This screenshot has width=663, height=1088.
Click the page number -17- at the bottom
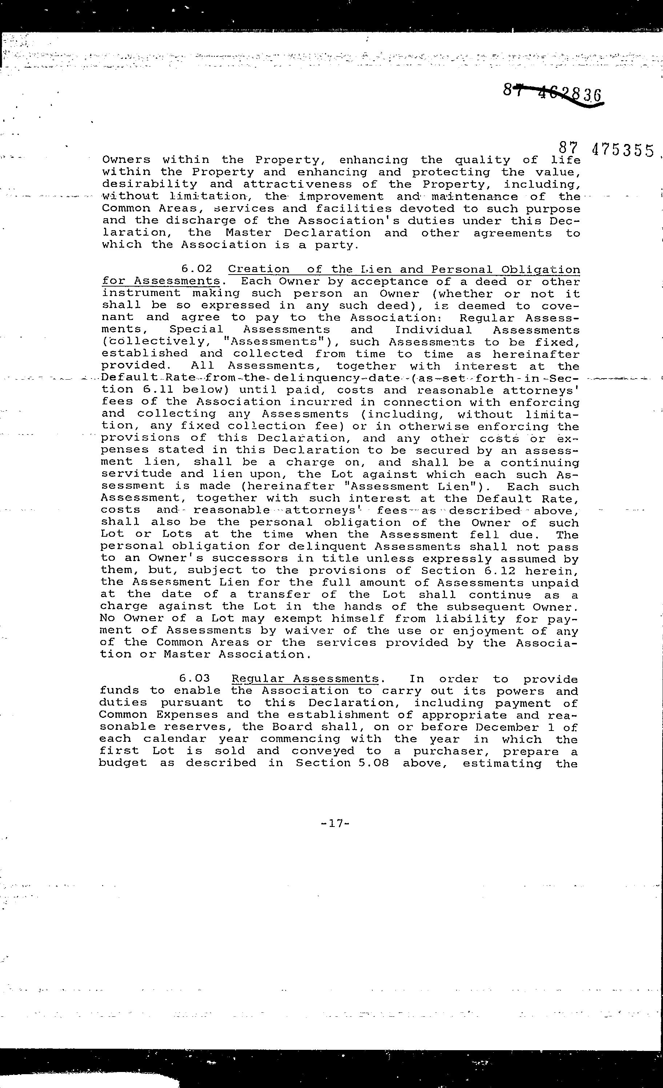pyautogui.click(x=335, y=823)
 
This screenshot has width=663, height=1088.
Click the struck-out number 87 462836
pyautogui.click(x=552, y=93)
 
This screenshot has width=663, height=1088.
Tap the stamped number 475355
pyautogui.click(x=622, y=150)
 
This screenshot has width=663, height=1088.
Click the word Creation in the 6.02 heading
pyautogui.click(x=259, y=269)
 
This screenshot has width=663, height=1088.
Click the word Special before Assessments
pyautogui.click(x=196, y=330)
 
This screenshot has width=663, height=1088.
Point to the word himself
pyautogui.click(x=358, y=619)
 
